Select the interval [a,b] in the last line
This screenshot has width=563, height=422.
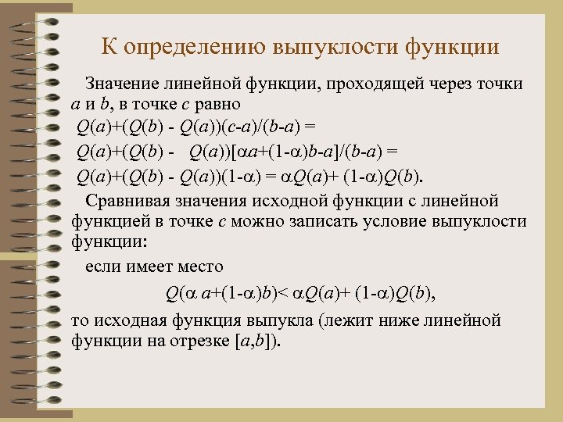[257, 342]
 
